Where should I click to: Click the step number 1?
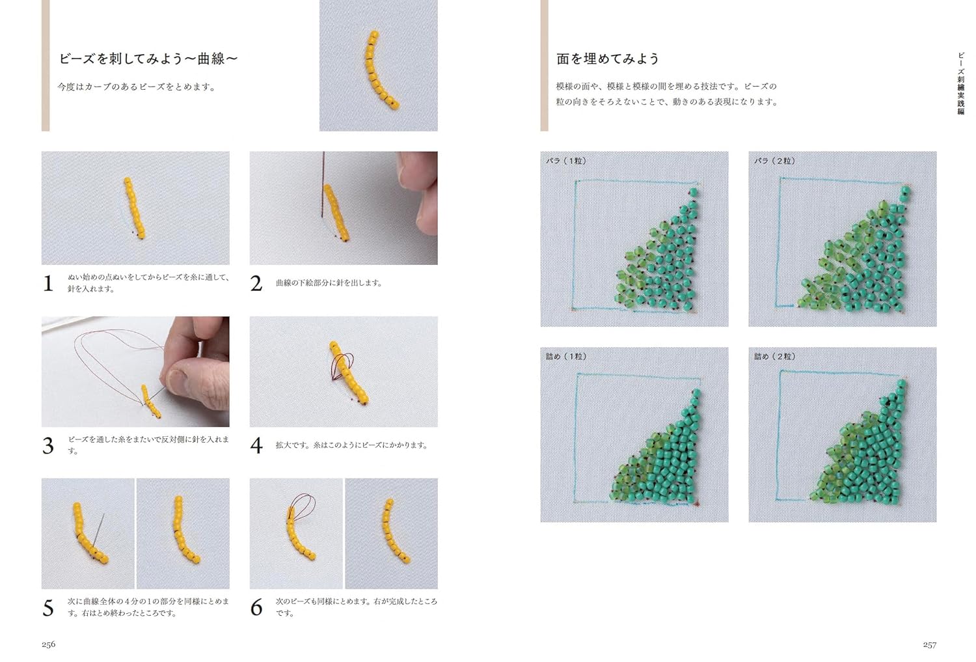tap(48, 284)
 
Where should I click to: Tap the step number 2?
tap(256, 284)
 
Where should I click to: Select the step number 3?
tap(48, 446)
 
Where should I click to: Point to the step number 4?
tap(256, 446)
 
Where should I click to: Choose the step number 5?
tap(48, 608)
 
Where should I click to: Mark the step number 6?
tap(256, 608)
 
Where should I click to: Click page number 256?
tap(48, 644)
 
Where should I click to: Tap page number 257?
tap(929, 644)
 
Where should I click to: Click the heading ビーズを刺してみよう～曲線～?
tap(148, 59)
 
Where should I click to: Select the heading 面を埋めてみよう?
tap(607, 59)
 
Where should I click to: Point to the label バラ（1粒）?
tap(567, 161)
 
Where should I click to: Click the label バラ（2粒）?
tap(775, 161)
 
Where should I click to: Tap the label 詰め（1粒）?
tap(567, 357)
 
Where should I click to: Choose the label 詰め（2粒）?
tap(775, 357)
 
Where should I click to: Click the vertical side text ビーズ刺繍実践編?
tap(960, 83)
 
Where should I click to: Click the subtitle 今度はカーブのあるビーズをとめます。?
tap(137, 87)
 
